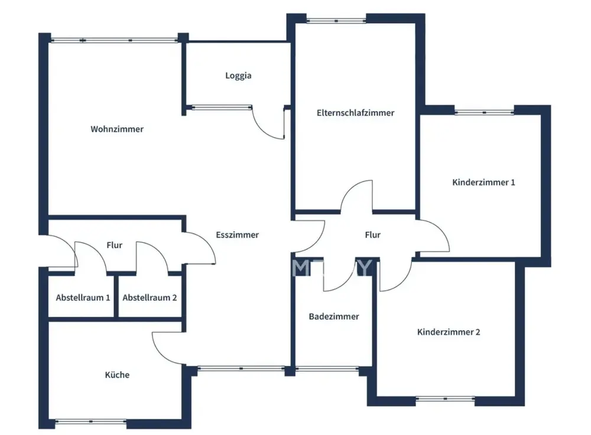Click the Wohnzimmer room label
117,129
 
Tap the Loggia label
238,76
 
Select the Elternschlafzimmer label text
355,113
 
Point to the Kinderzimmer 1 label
483,182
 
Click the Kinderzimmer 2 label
449,332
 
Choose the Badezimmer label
334,317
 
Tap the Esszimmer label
237,235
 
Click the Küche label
117,375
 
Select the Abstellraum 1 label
83,298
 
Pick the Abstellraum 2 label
150,298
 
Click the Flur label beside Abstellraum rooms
115,245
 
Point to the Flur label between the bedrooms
372,235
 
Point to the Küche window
90,421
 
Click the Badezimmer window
327,369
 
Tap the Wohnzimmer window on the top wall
113,40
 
